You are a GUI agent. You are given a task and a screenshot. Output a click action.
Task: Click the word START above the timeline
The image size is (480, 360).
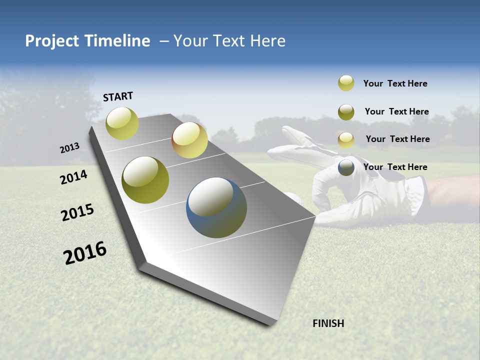click(118, 96)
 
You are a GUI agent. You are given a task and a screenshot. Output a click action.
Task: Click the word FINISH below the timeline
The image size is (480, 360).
click(328, 323)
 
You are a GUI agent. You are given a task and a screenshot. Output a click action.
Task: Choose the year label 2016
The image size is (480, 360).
click(85, 253)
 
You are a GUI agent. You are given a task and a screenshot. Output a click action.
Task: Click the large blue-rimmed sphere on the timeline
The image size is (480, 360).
click(216, 207)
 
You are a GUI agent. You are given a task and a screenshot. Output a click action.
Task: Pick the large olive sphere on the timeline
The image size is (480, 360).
click(145, 180)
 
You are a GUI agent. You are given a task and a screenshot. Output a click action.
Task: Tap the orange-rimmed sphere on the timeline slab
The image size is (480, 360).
click(189, 140)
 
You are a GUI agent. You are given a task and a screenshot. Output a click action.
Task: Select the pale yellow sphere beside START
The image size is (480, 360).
click(122, 123)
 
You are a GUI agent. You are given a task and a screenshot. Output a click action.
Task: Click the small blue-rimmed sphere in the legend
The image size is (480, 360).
click(346, 167)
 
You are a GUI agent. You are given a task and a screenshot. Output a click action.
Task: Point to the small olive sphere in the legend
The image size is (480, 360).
click(346, 112)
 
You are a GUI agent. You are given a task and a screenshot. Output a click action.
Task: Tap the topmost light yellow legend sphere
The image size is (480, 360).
click(346, 83)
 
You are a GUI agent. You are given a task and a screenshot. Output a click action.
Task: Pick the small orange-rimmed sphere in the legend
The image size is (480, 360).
click(346, 140)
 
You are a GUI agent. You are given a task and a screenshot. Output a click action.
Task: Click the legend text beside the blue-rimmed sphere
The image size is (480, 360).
click(395, 167)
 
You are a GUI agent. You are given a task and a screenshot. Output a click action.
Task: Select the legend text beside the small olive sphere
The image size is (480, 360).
click(396, 111)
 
